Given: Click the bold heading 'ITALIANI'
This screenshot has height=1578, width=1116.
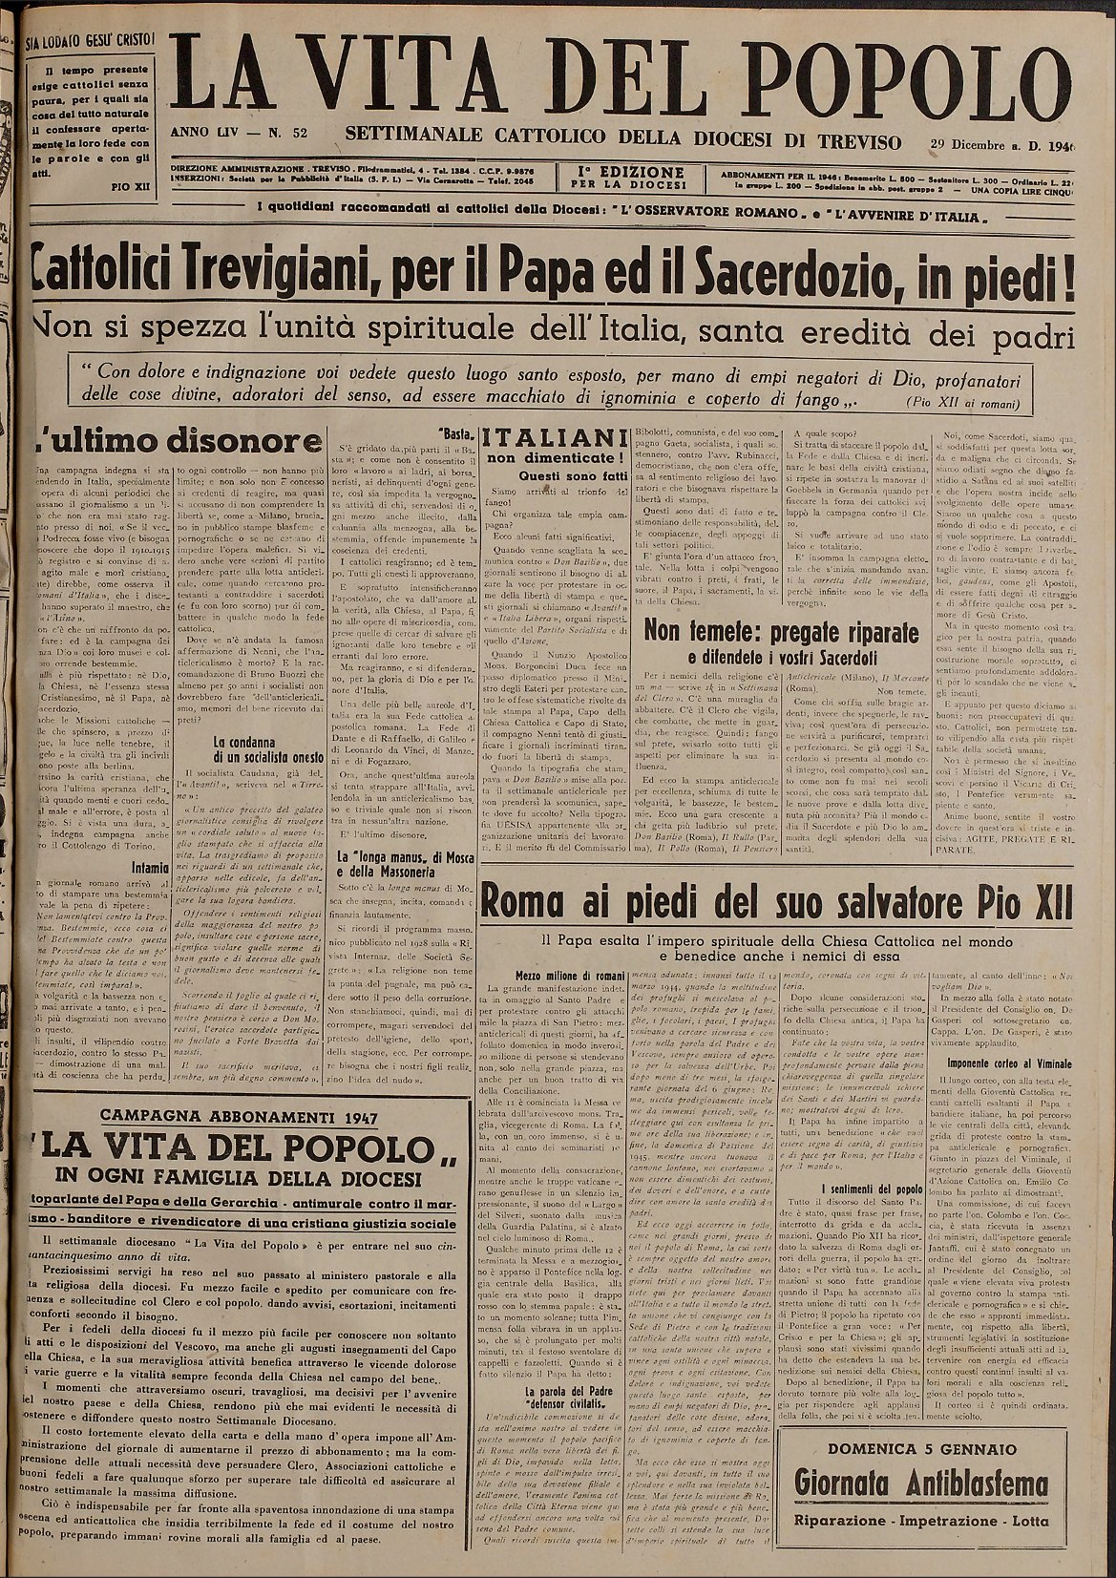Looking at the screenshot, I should (x=549, y=437).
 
